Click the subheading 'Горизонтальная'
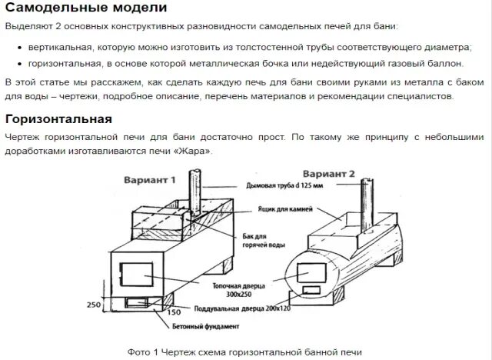(58, 119)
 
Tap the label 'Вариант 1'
(150, 179)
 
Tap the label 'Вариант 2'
(328, 174)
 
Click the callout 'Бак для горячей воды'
(271, 240)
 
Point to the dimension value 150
(173, 313)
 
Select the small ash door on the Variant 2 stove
(312, 289)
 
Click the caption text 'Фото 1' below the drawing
(142, 352)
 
